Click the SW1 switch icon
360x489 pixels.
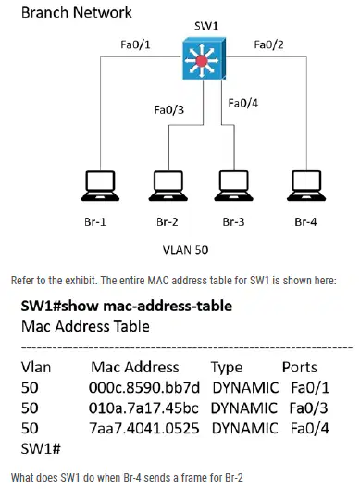(x=204, y=58)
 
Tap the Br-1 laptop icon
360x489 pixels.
(x=100, y=186)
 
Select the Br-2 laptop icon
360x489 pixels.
(x=168, y=186)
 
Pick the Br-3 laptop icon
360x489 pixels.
(x=234, y=186)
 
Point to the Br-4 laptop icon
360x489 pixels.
(x=306, y=186)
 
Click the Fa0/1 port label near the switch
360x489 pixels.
(x=135, y=44)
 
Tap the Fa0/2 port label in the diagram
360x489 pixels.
(x=268, y=44)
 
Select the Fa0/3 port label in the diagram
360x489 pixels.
(x=169, y=110)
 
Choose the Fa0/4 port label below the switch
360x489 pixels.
(x=243, y=103)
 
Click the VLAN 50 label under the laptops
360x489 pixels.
(x=185, y=250)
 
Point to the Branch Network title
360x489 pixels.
(x=77, y=12)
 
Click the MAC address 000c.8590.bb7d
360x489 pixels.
(x=144, y=388)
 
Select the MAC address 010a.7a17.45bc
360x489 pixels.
(x=143, y=407)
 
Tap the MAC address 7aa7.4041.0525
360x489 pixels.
(x=144, y=428)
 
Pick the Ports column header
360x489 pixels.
(x=300, y=368)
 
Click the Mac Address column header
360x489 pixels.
(x=135, y=368)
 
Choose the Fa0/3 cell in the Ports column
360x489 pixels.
(x=308, y=407)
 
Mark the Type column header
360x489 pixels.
(x=227, y=368)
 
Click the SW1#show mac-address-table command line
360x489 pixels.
(x=127, y=306)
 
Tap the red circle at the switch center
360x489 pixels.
(x=202, y=60)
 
